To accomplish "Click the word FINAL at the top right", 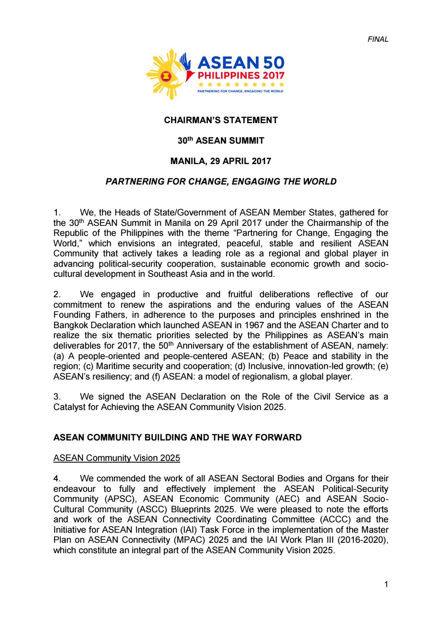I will pyautogui.click(x=378, y=39).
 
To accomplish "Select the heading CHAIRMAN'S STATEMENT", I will pyautogui.click(x=221, y=121).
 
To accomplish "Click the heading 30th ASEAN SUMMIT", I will pyautogui.click(x=221, y=141).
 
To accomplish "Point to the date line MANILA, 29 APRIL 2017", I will pyautogui.click(x=221, y=161).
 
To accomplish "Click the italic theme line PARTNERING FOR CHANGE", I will pyautogui.click(x=221, y=181).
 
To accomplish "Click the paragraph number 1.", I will pyautogui.click(x=57, y=213).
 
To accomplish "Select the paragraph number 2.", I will pyautogui.click(x=57, y=294).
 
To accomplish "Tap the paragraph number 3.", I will pyautogui.click(x=57, y=397).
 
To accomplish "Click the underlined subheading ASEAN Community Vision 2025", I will pyautogui.click(x=117, y=458).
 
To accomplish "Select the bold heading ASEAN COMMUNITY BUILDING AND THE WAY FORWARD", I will pyautogui.click(x=177, y=438).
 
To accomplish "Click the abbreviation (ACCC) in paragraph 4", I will pyautogui.click(x=326, y=519).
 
